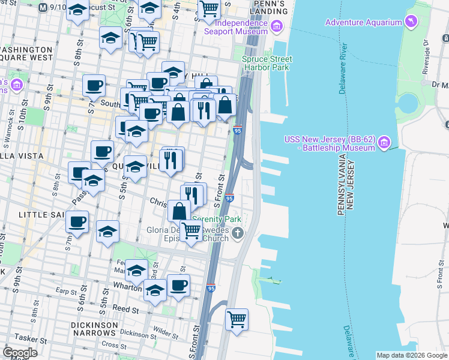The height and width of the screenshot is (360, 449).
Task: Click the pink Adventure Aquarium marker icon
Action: pos(411,23)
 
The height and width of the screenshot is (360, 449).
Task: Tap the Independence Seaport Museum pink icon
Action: pos(276,26)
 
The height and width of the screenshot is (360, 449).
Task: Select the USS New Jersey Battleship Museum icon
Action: pos(384,143)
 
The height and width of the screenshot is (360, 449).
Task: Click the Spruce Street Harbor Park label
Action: pos(267,63)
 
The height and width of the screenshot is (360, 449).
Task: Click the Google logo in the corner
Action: pos(20,352)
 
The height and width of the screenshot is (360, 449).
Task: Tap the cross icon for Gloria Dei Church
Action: pos(238,233)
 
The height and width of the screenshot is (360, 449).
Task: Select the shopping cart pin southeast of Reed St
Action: pos(237,319)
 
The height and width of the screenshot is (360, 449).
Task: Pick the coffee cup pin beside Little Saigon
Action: pos(77,222)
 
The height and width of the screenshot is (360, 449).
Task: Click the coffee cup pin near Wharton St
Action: pos(178,286)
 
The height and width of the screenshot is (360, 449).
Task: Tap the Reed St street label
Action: pos(125,310)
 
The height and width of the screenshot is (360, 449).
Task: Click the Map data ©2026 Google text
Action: pos(412,355)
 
